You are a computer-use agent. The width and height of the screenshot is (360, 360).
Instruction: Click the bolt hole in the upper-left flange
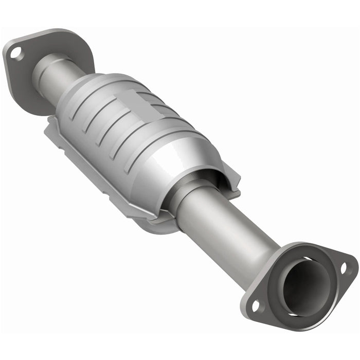pyautogui.click(x=16, y=52)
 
